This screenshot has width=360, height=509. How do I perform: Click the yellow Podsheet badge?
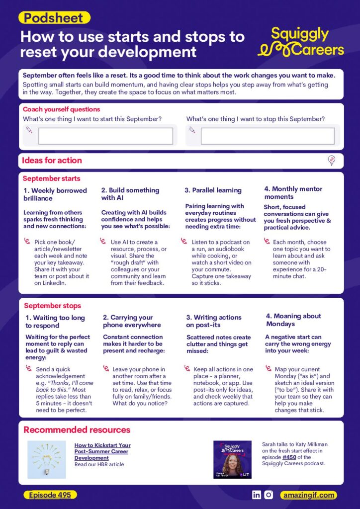[54, 18]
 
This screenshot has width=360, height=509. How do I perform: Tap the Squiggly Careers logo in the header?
[300, 42]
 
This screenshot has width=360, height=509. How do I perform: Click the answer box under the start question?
[105, 136]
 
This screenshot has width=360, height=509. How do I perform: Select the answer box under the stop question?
[268, 136]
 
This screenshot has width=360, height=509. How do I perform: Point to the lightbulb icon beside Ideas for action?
[332, 160]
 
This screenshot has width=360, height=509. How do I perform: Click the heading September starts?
[51, 178]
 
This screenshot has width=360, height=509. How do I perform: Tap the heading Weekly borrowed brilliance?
[55, 194]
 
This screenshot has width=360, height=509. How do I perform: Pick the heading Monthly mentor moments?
[293, 193]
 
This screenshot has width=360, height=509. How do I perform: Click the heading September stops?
[52, 306]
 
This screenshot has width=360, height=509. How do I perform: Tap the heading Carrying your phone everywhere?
[132, 321]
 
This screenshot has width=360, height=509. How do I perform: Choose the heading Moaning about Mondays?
[293, 320]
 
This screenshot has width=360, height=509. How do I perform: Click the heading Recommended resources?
[77, 429]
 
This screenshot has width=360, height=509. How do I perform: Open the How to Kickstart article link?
[102, 451]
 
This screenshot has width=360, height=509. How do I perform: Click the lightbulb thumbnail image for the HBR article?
[47, 460]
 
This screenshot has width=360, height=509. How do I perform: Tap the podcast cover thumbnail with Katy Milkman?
[232, 460]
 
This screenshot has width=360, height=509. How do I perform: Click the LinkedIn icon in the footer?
[257, 495]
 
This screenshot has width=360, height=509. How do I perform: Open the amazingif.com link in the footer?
[309, 495]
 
